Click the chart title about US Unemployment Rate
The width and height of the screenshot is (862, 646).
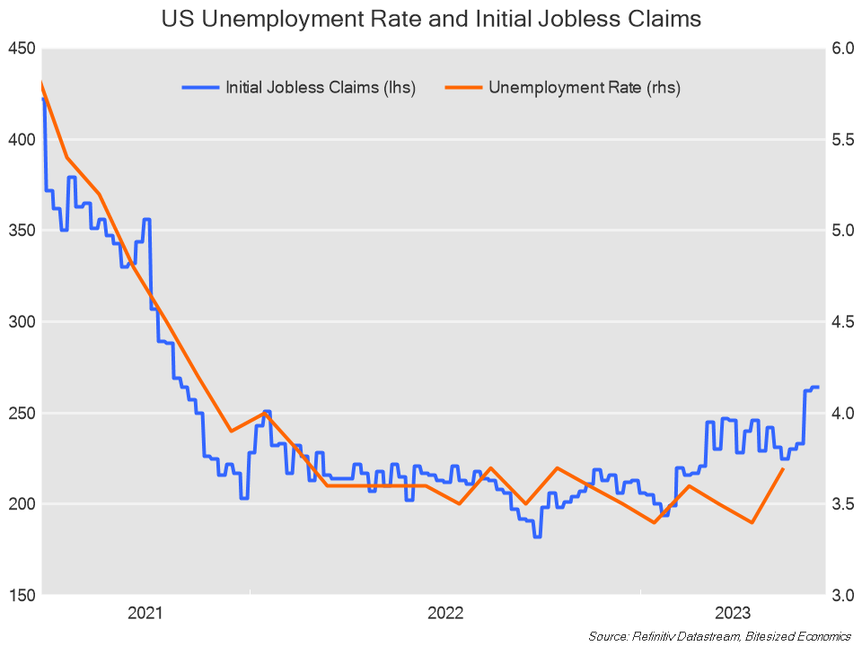tap(430, 19)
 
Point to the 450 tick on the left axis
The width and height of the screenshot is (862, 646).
tap(20, 48)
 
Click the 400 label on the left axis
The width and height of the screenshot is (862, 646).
tap(20, 140)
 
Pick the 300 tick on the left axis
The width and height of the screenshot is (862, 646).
tap(20, 322)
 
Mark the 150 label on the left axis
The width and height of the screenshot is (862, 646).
tap(20, 596)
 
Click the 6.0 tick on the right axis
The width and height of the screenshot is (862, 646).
tap(841, 48)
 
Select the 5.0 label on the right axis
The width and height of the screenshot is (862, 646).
tap(841, 231)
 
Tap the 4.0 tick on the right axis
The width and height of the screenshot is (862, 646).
tap(841, 414)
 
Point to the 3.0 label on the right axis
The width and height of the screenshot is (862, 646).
tap(841, 596)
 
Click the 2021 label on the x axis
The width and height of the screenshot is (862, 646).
tap(145, 614)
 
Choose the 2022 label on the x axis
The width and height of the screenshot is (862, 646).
tap(445, 614)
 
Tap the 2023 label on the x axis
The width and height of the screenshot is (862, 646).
tap(733, 614)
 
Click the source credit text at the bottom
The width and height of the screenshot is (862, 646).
tap(719, 636)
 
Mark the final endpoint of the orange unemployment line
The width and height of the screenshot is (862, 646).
tap(784, 468)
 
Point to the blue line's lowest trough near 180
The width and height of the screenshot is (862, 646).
tap(537, 536)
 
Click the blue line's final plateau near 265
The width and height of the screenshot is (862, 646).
tap(814, 387)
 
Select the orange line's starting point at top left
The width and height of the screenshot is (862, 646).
tap(41, 83)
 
